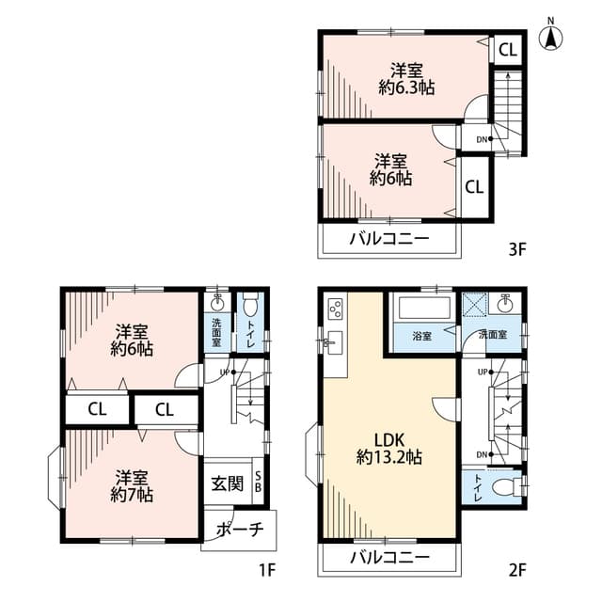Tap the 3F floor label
click(x=517, y=250)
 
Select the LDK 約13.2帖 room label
click(x=389, y=448)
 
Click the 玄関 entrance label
click(x=228, y=483)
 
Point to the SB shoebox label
click(x=258, y=482)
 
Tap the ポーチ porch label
click(x=240, y=530)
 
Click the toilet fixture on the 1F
click(x=250, y=303)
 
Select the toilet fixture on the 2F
click(x=506, y=487)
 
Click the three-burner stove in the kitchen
click(x=335, y=309)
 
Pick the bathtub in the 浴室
click(x=424, y=308)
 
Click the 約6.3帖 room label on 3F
click(x=406, y=79)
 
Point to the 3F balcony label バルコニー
click(x=389, y=239)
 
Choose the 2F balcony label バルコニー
click(x=389, y=557)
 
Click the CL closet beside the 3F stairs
click(x=508, y=50)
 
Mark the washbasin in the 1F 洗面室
click(x=217, y=303)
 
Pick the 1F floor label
click(x=267, y=570)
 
